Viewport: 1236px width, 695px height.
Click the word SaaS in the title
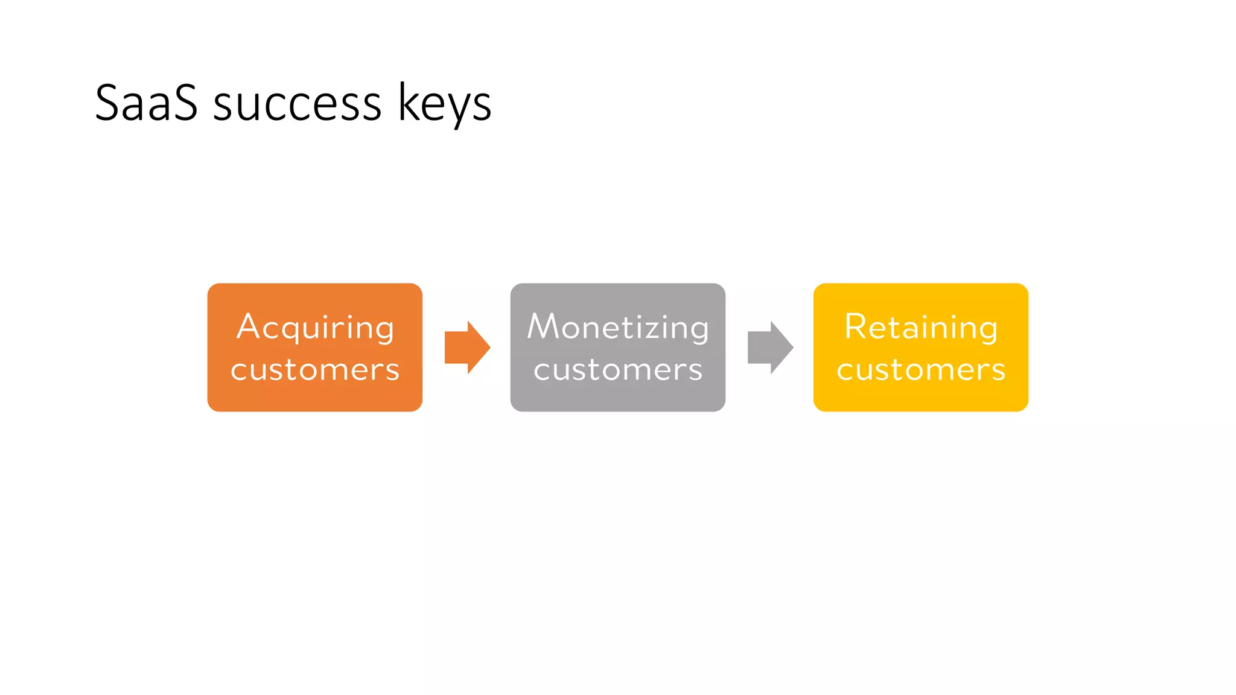pyautogui.click(x=146, y=103)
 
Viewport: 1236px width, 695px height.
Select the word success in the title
pyautogui.click(x=297, y=104)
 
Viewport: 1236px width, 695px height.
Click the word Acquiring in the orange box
pyautogui.click(x=315, y=328)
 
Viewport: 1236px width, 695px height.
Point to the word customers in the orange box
pyautogui.click(x=315, y=369)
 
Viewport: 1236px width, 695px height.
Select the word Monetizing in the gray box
pyautogui.click(x=617, y=328)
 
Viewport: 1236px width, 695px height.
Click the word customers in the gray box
pyautogui.click(x=618, y=369)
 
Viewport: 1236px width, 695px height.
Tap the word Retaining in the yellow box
pyautogui.click(x=921, y=328)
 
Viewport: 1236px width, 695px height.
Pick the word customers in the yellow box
pyautogui.click(x=921, y=369)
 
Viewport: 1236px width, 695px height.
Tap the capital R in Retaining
pyautogui.click(x=856, y=326)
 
